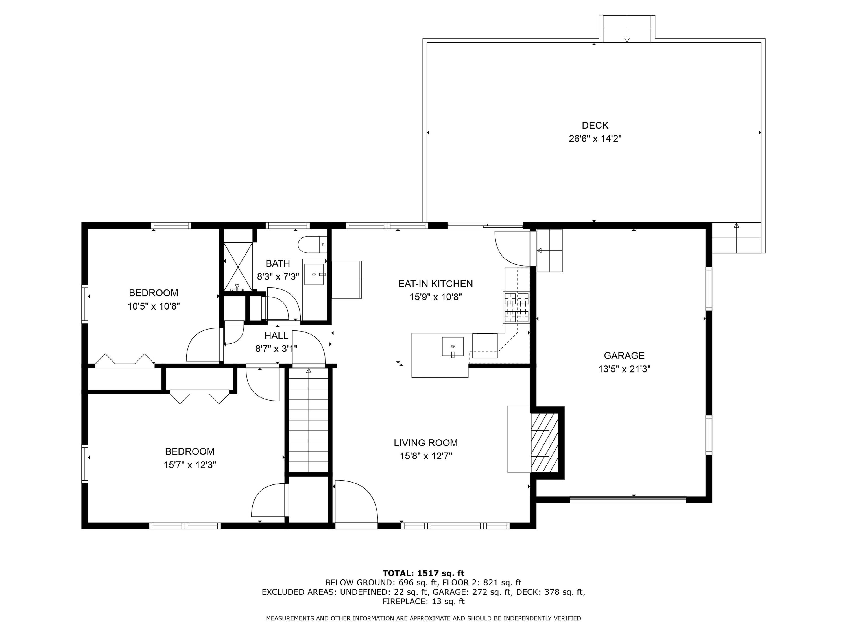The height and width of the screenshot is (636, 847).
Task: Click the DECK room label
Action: pos(595,125)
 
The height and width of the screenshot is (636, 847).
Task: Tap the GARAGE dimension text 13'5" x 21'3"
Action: pos(624,369)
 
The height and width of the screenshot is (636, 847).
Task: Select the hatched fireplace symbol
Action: pos(544,442)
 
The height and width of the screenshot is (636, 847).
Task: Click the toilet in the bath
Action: pos(312,245)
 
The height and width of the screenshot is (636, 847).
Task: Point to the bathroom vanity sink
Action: pos(314,274)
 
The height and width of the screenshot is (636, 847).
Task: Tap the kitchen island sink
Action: pos(453,347)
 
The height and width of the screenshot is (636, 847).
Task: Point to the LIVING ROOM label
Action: pos(425,443)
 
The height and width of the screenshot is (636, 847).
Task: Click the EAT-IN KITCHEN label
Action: pos(435,284)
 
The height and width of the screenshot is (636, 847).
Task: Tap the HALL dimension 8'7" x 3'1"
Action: pos(276,349)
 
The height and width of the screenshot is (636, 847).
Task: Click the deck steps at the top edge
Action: pos(627,29)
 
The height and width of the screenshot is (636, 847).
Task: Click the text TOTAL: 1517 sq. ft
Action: pos(423,573)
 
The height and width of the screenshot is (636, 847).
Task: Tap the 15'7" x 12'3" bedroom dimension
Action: pos(190,465)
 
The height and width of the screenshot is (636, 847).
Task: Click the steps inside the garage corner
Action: pos(549,250)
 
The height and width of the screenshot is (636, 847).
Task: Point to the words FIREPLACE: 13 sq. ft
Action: pos(423,602)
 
